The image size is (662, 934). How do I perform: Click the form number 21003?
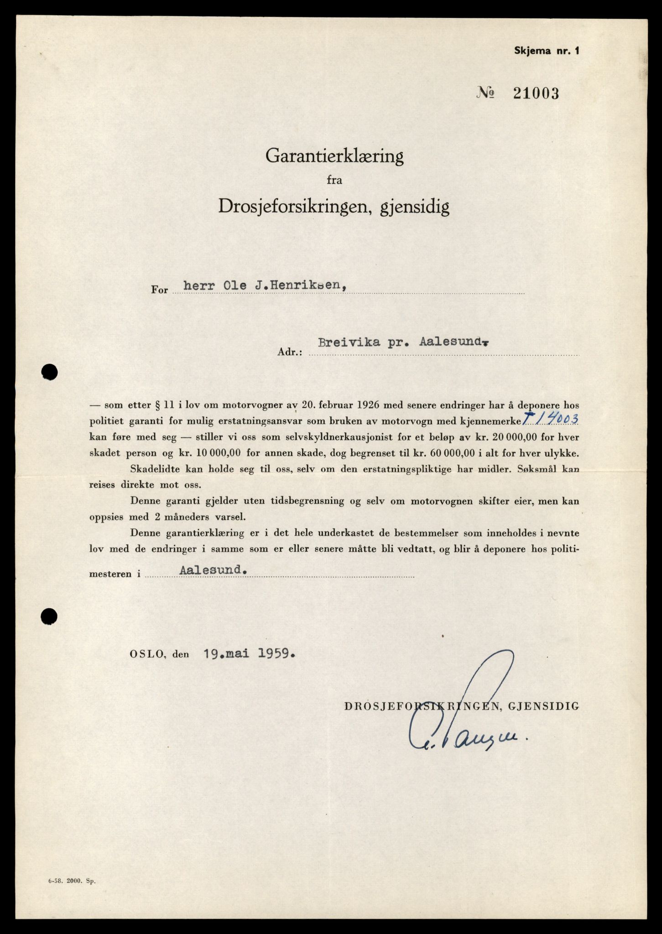536,93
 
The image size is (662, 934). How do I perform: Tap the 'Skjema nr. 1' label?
546,51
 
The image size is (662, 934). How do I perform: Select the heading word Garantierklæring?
334,157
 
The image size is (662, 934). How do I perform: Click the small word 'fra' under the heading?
334,180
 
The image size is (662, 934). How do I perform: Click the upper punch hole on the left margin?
49,372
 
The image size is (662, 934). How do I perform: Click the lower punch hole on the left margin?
49,617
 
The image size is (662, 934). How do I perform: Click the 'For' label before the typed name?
160,290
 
